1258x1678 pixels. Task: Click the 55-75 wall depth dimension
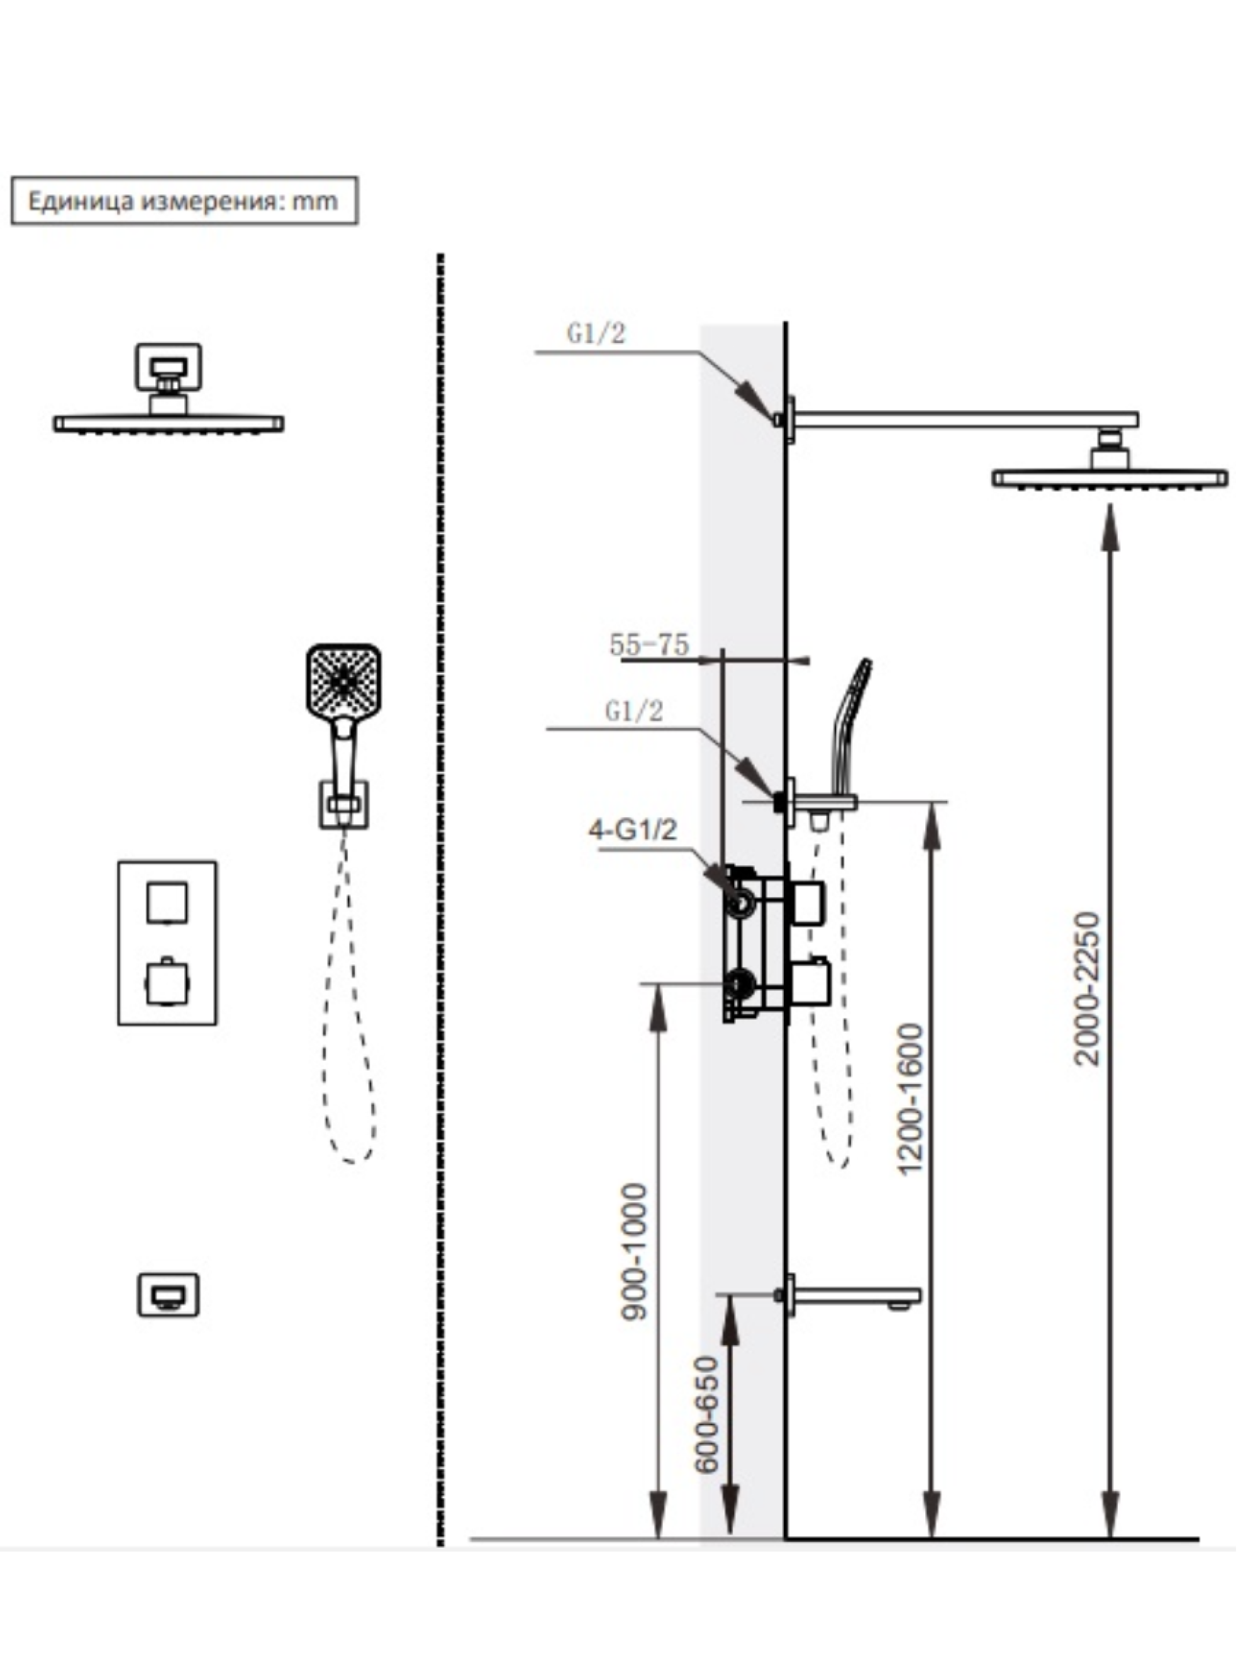pyautogui.click(x=648, y=645)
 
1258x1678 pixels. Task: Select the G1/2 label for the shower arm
pyautogui.click(x=596, y=333)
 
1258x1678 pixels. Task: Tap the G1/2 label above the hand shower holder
pyautogui.click(x=634, y=711)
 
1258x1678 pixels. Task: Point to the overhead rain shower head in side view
pyautogui.click(x=1110, y=478)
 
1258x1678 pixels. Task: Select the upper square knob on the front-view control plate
pyautogui.click(x=167, y=902)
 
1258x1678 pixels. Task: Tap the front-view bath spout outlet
pyautogui.click(x=167, y=1294)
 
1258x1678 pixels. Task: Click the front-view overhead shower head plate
pyautogui.click(x=169, y=423)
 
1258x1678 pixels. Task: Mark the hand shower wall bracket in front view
pyautogui.click(x=343, y=804)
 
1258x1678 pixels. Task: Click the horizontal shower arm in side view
pyautogui.click(x=963, y=419)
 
